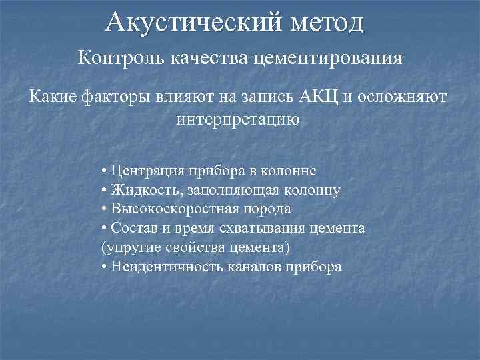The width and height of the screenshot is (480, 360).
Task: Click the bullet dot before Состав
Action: [x=105, y=229]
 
